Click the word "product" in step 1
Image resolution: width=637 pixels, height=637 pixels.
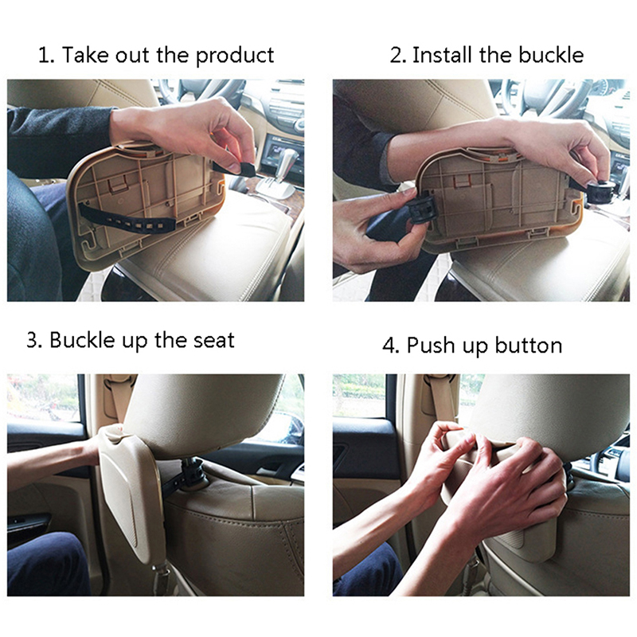pos(235,56)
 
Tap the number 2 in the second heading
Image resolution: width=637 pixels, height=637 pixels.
pos(396,55)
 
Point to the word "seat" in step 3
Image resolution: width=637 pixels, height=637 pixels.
pos(213,340)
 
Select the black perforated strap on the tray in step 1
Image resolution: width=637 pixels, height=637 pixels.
pos(127,217)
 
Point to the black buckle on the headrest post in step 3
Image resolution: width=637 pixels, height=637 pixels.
pos(192,471)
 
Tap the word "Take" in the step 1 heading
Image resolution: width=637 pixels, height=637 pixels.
pos(86,55)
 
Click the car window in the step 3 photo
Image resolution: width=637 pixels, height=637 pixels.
pos(43,398)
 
